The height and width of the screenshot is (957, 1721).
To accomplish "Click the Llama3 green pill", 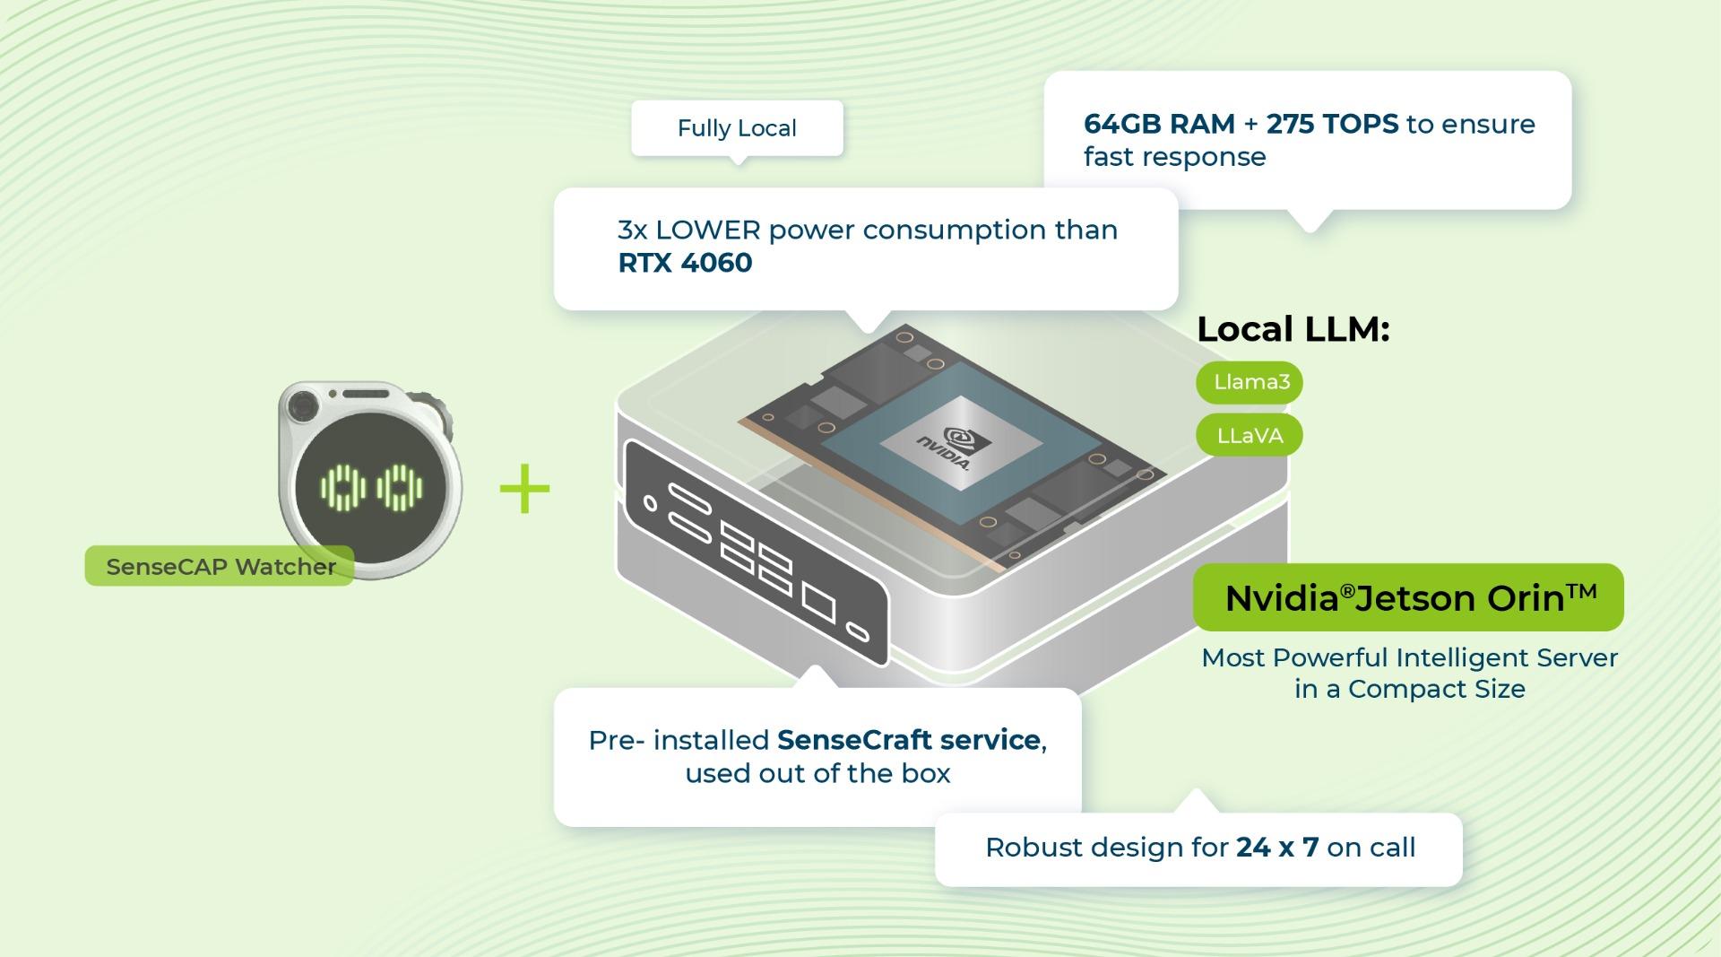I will pyautogui.click(x=1250, y=382).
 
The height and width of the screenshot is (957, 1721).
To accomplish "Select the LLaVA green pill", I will pyautogui.click(x=1250, y=436).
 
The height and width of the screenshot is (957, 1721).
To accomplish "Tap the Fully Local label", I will pyautogui.click(x=737, y=128).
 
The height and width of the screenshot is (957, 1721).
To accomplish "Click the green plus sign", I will pyautogui.click(x=524, y=490).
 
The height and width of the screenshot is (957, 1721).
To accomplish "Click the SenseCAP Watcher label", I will pyautogui.click(x=220, y=567).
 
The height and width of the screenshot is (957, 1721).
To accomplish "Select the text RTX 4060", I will pyautogui.click(x=685, y=263).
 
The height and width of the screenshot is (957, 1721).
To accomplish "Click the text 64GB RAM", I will pyautogui.click(x=1159, y=124).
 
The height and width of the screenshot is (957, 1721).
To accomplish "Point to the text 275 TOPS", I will pyautogui.click(x=1332, y=124).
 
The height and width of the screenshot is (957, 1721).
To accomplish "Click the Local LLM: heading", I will pyautogui.click(x=1293, y=329).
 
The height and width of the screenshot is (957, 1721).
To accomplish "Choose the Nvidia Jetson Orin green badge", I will pyautogui.click(x=1408, y=597).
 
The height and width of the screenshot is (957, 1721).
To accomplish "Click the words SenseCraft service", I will pyautogui.click(x=908, y=740).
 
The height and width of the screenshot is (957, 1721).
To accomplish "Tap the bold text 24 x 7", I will pyautogui.click(x=1277, y=848).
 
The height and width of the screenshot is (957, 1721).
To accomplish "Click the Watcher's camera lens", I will pyautogui.click(x=303, y=407).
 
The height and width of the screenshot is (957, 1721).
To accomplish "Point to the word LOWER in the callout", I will pyautogui.click(x=708, y=231).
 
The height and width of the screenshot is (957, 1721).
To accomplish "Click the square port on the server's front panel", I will pyautogui.click(x=818, y=603).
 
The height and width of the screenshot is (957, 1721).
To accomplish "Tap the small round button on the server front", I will pyautogui.click(x=651, y=504).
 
